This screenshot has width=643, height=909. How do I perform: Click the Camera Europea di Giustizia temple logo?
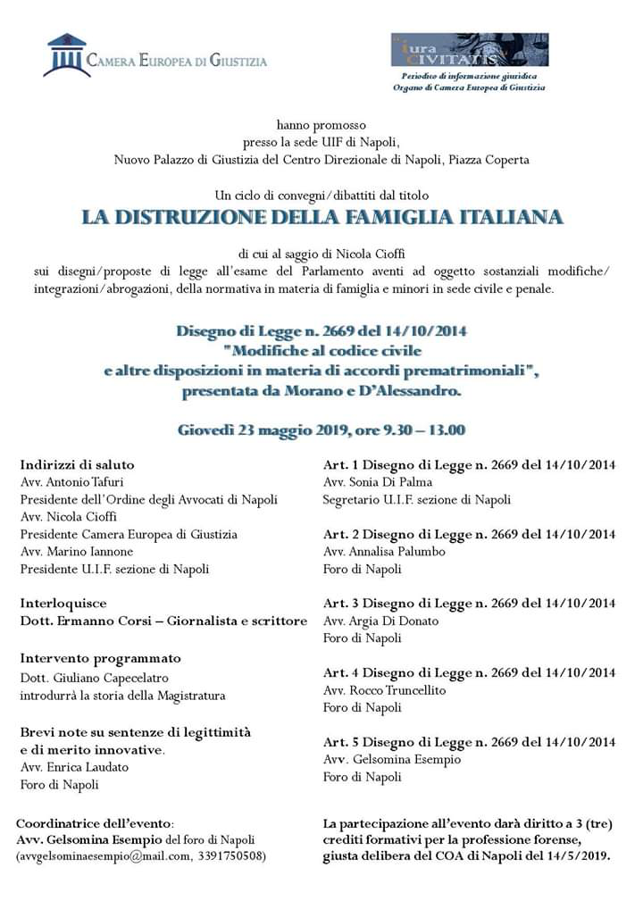[x=66, y=55]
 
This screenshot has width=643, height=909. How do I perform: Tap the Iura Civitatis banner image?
[x=469, y=50]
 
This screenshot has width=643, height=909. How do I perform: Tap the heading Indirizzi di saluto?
[x=77, y=464]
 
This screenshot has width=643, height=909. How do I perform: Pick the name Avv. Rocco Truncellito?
[x=384, y=690]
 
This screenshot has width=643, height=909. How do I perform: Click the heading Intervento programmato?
[x=100, y=658]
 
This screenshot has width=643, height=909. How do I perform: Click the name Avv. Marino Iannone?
[x=71, y=552]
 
